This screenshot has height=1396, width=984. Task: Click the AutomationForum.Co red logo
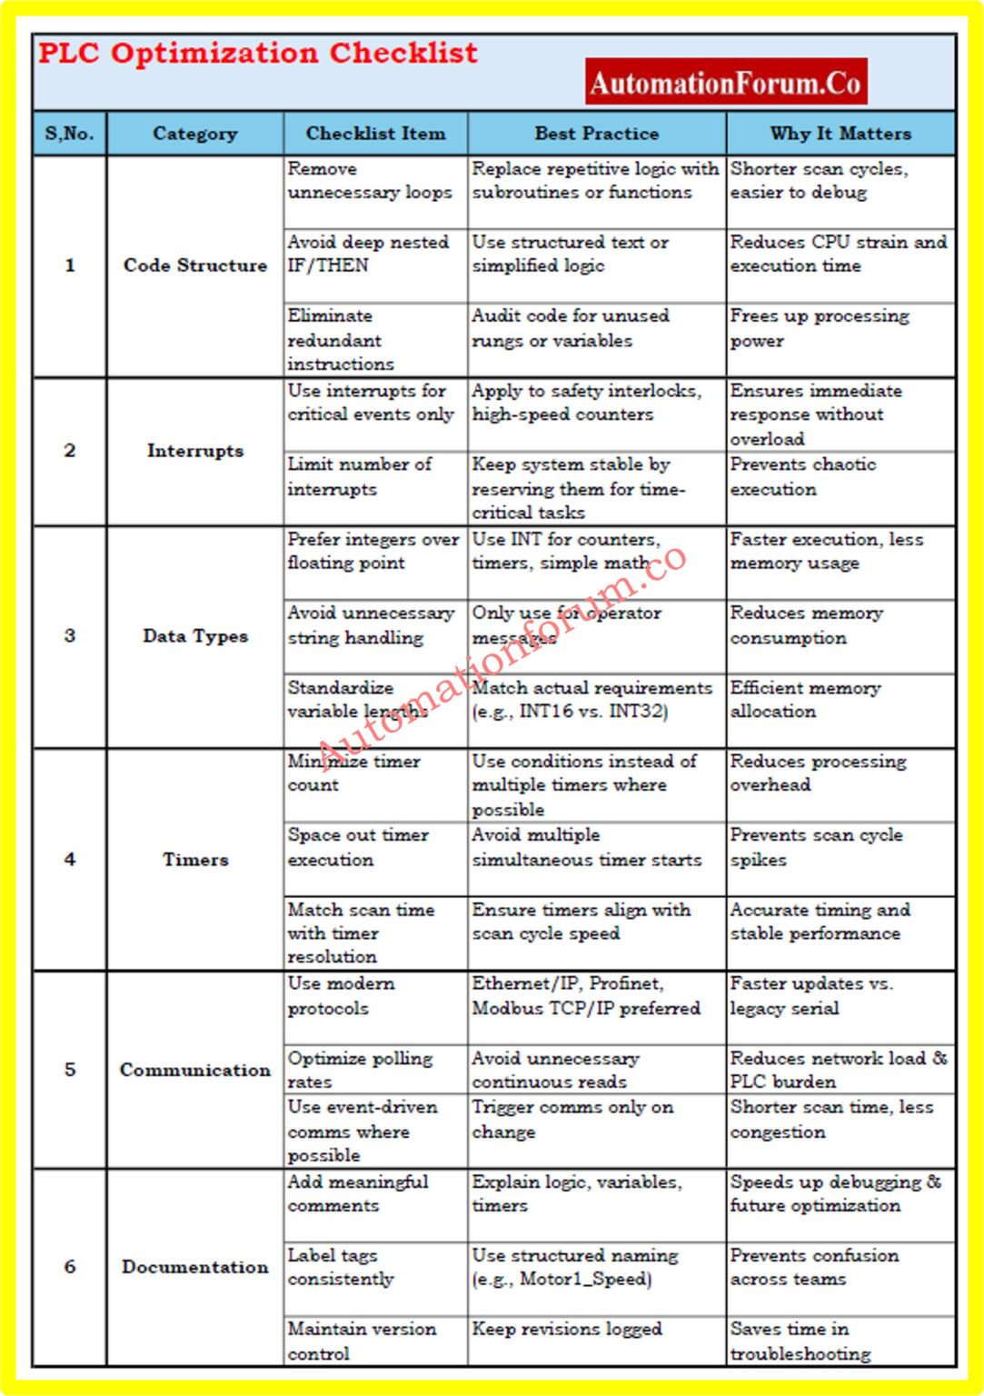(x=725, y=83)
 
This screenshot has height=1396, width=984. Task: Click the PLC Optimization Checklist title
(x=257, y=54)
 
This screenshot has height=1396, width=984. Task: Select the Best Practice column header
(x=596, y=134)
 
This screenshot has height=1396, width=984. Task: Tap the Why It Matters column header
(x=840, y=134)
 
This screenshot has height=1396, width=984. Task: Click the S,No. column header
(x=69, y=134)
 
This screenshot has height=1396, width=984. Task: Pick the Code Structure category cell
(x=195, y=265)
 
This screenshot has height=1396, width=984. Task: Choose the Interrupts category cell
(x=195, y=451)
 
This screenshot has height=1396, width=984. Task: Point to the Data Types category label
(x=195, y=636)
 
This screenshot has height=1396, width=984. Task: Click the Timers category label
(x=195, y=860)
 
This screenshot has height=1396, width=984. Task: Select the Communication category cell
(x=195, y=1070)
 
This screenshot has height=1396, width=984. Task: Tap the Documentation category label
(x=195, y=1267)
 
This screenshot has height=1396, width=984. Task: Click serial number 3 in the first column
(x=69, y=636)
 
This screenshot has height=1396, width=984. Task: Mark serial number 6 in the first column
(x=69, y=1267)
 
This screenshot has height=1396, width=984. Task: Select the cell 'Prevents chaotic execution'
(x=803, y=477)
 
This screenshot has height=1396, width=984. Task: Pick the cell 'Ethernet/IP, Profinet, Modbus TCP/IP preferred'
(x=586, y=996)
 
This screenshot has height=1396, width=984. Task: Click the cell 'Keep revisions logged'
(x=567, y=1329)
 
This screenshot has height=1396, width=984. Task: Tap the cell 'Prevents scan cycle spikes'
(x=816, y=847)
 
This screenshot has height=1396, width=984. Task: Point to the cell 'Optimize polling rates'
(x=360, y=1070)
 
